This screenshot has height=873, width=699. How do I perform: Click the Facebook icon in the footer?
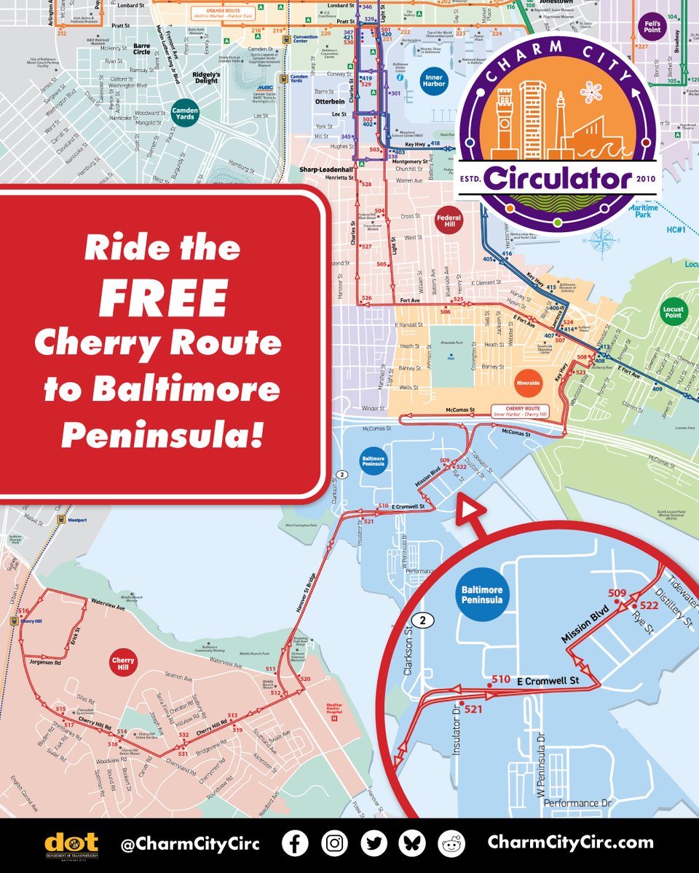coord(295,843)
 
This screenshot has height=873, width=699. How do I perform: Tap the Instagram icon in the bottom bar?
coord(334,843)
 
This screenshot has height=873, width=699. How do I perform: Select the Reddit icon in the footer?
coord(451,843)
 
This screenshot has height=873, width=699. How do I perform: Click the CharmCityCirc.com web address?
coord(570,843)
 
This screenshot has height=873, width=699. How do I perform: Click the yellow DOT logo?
coord(71,844)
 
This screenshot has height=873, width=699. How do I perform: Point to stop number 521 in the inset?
coord(473,709)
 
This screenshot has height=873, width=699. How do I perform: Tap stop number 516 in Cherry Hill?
coord(24,611)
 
